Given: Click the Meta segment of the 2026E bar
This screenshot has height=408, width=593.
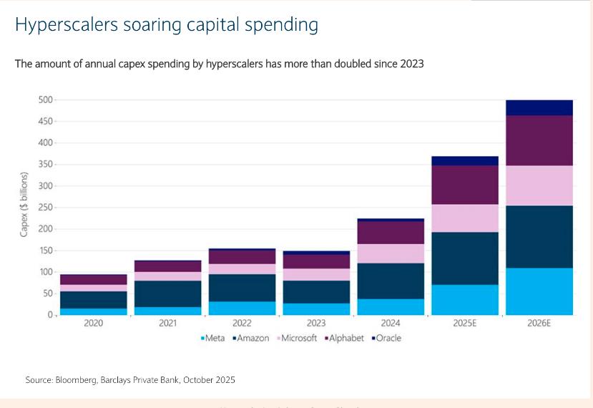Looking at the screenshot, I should [539, 291].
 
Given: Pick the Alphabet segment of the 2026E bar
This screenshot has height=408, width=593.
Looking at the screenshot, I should [539, 140].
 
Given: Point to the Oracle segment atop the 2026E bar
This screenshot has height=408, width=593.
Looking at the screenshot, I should [539, 107].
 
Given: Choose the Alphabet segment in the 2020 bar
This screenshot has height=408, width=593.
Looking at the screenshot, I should [93, 279].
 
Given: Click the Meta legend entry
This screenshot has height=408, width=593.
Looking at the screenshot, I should [213, 338].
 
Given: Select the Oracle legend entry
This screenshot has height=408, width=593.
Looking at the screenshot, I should [386, 338].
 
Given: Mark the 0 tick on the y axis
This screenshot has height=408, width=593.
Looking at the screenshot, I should [50, 315].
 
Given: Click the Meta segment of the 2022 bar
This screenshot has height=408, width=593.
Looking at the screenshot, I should [243, 308].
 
